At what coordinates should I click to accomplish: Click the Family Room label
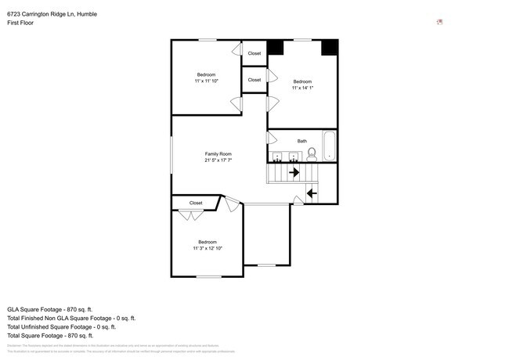tap(218, 153)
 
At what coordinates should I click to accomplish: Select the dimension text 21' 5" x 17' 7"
tap(218, 160)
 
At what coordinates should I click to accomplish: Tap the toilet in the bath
tap(312, 153)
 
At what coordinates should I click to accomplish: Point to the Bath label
tap(302, 141)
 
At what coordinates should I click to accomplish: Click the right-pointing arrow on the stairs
tap(294, 172)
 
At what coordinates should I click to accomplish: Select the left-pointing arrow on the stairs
tap(311, 193)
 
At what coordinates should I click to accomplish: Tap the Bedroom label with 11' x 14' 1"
tap(302, 81)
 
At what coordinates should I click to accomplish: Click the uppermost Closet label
tap(254, 53)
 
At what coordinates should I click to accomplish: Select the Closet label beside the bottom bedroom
tap(196, 203)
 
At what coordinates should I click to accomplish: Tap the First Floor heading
tap(22, 23)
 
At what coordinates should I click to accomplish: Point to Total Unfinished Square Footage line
tap(70, 327)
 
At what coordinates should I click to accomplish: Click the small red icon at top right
tap(440, 22)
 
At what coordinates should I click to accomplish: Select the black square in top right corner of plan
tap(330, 47)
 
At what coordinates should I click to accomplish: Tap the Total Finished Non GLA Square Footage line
tap(71, 319)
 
